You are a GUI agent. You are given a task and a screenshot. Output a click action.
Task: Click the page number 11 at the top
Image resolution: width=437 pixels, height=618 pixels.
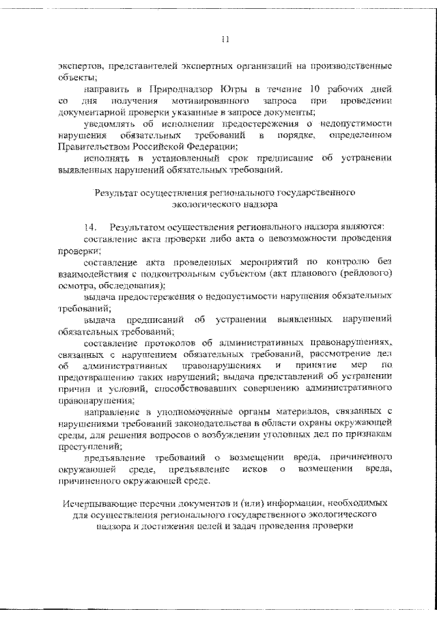tap(224, 40)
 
